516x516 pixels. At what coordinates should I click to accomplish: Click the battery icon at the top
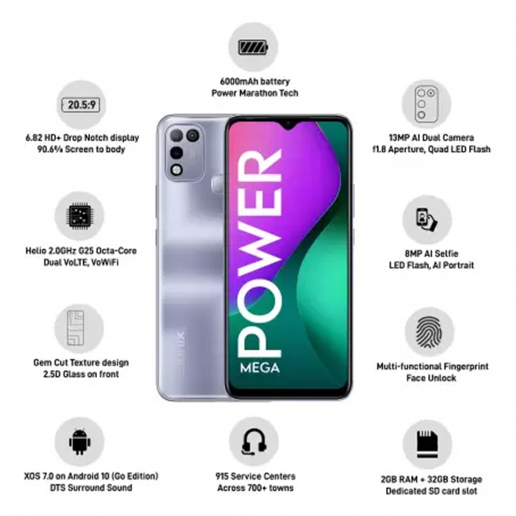pyautogui.click(x=253, y=47)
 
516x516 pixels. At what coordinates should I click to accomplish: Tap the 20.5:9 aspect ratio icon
pyautogui.click(x=81, y=105)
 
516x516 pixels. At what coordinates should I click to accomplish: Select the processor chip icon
pyautogui.click(x=80, y=216)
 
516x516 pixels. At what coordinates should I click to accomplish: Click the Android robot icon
pyautogui.click(x=79, y=441)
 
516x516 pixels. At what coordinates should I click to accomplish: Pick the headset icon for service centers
pyautogui.click(x=254, y=442)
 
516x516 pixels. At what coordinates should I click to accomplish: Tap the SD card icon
pyautogui.click(x=427, y=444)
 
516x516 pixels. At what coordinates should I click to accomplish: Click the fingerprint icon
pyautogui.click(x=429, y=332)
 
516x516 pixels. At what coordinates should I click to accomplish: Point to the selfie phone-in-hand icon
pyautogui.click(x=427, y=219)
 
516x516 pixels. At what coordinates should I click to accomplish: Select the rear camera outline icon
pyautogui.click(x=426, y=104)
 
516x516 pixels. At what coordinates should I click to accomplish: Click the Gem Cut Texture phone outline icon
pyautogui.click(x=76, y=327)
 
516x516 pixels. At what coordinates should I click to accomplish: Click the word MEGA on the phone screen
pyautogui.click(x=259, y=367)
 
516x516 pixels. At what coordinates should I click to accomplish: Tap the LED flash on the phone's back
pyautogui.click(x=177, y=170)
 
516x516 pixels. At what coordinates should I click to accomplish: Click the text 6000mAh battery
pyautogui.click(x=255, y=81)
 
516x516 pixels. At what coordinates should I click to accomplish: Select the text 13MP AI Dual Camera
pyautogui.click(x=431, y=138)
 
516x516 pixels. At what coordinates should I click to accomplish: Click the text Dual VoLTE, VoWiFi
pyautogui.click(x=81, y=262)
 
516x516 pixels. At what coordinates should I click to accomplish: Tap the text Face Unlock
pyautogui.click(x=431, y=378)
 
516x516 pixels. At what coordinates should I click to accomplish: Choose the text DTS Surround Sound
pyautogui.click(x=91, y=487)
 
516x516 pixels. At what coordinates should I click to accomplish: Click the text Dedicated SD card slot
pyautogui.click(x=431, y=491)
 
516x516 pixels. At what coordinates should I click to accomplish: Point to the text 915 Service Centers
pyautogui.click(x=255, y=476)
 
